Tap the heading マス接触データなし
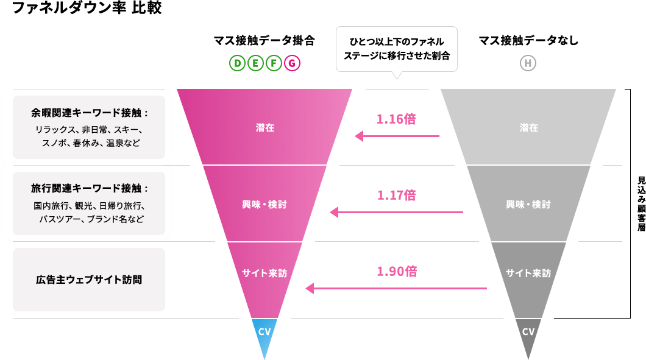(x=528, y=41)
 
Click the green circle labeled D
(x=237, y=63)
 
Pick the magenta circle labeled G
(x=293, y=63)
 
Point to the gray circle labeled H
(x=528, y=63)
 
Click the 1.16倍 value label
(x=396, y=119)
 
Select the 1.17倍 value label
(x=396, y=196)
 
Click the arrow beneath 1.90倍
(x=396, y=288)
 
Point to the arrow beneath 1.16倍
(x=397, y=136)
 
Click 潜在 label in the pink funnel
(x=264, y=128)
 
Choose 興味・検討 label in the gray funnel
(x=528, y=205)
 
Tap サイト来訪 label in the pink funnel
(x=264, y=274)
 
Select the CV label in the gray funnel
(x=528, y=332)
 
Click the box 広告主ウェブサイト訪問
(x=89, y=280)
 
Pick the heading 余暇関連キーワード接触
(x=89, y=113)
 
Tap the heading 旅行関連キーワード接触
(x=89, y=188)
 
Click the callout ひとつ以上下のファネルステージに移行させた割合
(x=396, y=49)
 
